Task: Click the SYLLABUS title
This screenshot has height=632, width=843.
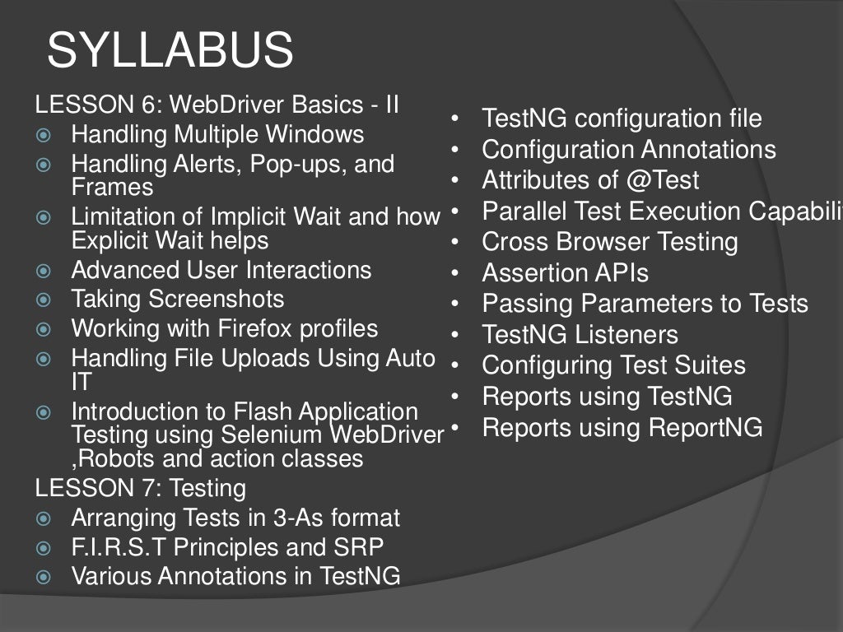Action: point(170,51)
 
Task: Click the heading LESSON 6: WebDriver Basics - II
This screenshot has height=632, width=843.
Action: point(217,105)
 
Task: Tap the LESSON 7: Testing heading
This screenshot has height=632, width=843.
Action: point(141,488)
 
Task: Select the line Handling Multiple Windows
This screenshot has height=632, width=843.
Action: point(217,134)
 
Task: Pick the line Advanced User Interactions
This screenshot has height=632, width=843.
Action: point(221,270)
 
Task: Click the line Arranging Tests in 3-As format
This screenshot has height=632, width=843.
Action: point(235,518)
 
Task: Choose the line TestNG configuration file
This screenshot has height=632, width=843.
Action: point(622,118)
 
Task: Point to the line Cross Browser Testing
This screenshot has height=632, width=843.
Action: point(610,242)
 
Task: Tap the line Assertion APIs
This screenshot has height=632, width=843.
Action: point(565,272)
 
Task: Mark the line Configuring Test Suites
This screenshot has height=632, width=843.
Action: point(613,365)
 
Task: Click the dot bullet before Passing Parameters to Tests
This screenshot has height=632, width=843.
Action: point(454,304)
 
